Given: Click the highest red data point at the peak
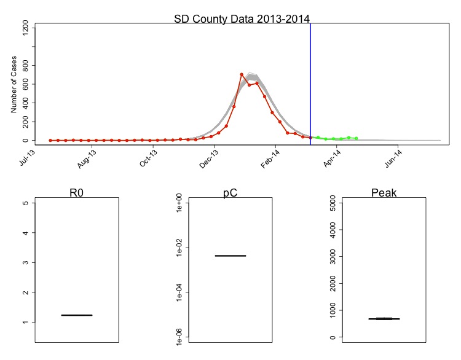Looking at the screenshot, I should pos(242,74).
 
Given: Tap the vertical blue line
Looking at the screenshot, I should pos(310,80).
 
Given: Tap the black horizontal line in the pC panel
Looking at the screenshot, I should pos(230,256).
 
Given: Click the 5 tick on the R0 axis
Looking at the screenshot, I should pos(26,203).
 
